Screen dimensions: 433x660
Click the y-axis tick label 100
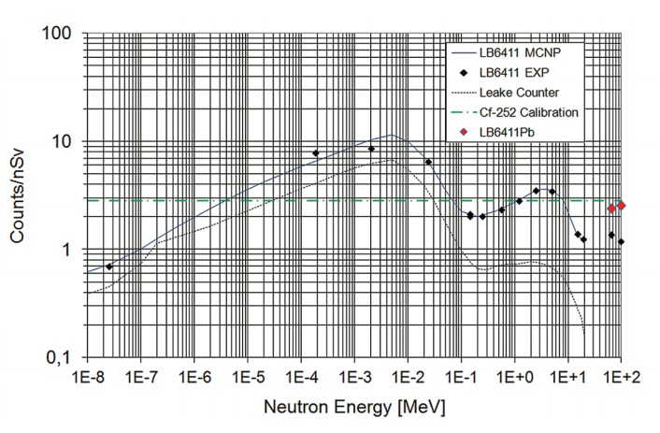click(x=59, y=35)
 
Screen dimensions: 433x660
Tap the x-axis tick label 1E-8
click(x=86, y=380)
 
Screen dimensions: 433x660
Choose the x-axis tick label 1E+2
click(x=622, y=380)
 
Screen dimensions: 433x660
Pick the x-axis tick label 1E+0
click(x=515, y=380)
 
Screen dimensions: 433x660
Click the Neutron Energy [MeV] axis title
click(x=355, y=409)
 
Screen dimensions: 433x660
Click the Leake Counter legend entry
click(x=519, y=93)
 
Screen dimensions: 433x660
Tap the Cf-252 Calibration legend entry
click(x=528, y=112)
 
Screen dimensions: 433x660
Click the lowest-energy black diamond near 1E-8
click(x=109, y=267)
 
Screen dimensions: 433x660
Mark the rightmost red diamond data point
click(x=622, y=206)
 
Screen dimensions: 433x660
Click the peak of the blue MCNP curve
click(x=395, y=135)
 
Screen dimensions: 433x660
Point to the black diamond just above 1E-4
click(x=316, y=152)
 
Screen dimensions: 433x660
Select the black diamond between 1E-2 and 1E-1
click(x=428, y=162)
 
